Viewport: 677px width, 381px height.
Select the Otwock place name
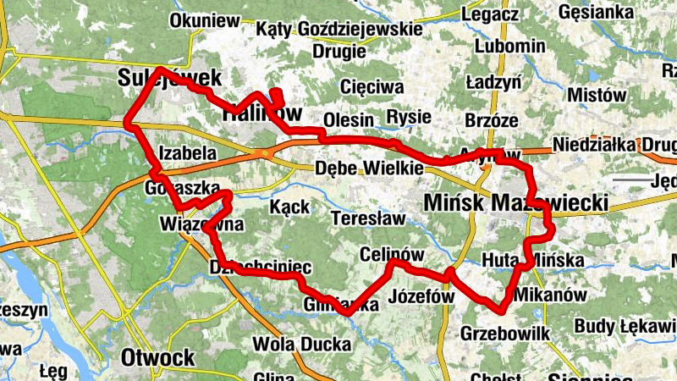157,356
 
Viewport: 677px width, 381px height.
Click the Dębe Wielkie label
368,168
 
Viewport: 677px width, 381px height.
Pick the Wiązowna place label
201,225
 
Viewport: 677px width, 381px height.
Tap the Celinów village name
392,254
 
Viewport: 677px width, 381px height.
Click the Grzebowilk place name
505,334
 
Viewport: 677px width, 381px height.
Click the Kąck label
289,207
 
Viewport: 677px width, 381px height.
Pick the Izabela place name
187,154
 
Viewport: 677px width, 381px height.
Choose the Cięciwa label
372,86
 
